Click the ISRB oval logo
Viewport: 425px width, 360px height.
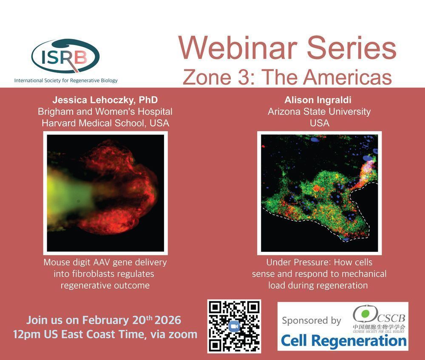point(65,56)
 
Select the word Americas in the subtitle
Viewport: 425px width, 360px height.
point(347,77)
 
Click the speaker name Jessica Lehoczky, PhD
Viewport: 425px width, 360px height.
point(105,100)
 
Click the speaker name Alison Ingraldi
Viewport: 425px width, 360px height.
point(318,100)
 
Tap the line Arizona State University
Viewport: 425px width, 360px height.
point(319,112)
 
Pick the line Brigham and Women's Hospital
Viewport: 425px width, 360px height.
point(105,112)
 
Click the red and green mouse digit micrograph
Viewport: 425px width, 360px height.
point(105,193)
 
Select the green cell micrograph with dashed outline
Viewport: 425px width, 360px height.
point(319,193)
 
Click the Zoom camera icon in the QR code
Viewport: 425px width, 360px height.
point(234,326)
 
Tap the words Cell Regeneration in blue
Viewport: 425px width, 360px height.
point(344,340)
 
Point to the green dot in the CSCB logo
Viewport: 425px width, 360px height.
point(365,313)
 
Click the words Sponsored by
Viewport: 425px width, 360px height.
point(312,321)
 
